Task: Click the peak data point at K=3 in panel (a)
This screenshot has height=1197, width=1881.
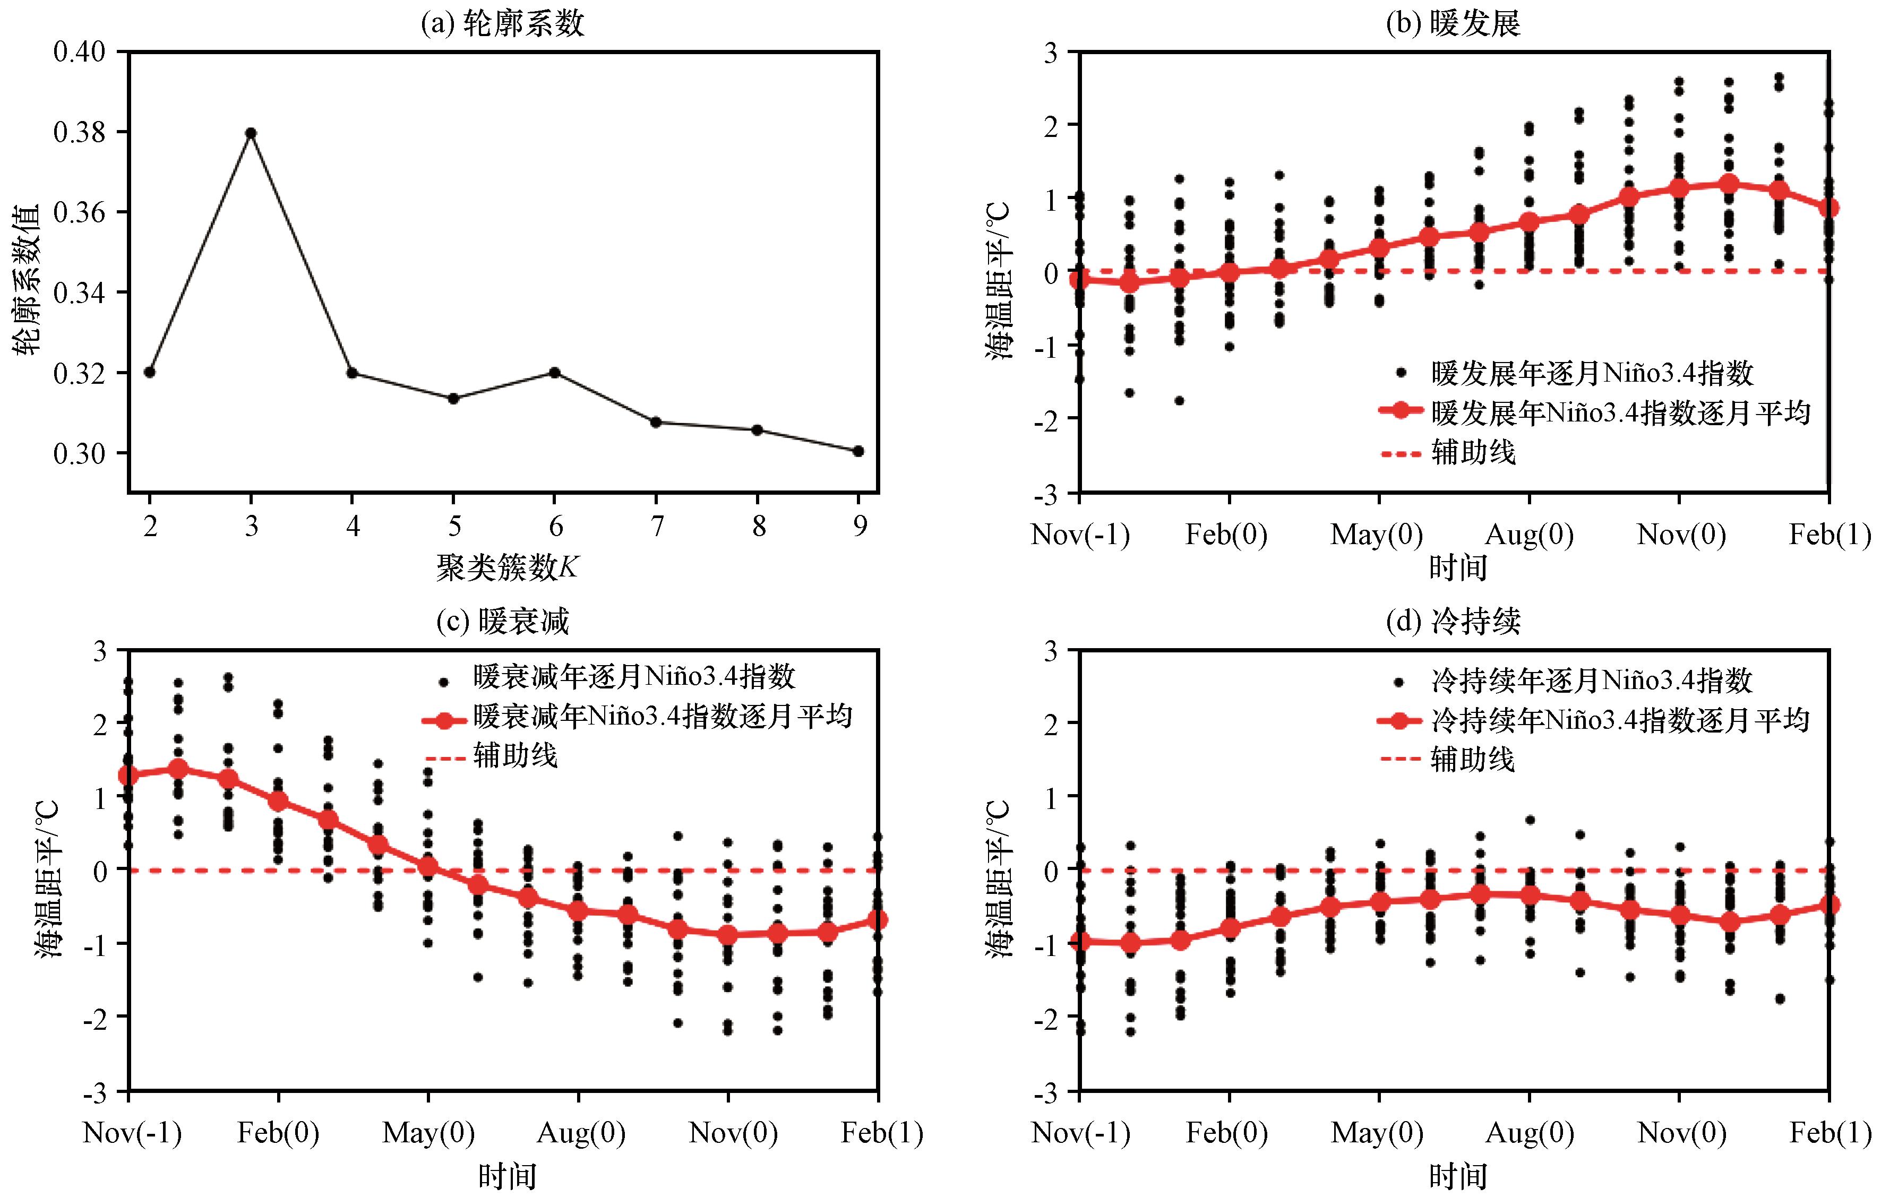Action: click(x=251, y=133)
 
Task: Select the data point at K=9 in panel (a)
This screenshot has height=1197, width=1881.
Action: click(x=858, y=451)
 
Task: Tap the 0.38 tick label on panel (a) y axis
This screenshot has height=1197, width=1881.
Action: click(x=79, y=133)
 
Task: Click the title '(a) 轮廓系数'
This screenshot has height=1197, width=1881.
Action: click(x=502, y=23)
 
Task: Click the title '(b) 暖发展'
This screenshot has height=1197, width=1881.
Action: click(x=1453, y=23)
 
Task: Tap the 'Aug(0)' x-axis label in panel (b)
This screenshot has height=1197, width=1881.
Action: click(x=1528, y=535)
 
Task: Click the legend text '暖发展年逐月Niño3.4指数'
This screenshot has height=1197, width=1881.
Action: click(x=1592, y=373)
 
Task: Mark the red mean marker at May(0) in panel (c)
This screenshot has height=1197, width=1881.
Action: click(x=428, y=866)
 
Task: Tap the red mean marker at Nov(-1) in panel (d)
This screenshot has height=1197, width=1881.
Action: click(x=1079, y=942)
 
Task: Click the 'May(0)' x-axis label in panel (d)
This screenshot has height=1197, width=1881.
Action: click(x=1377, y=1133)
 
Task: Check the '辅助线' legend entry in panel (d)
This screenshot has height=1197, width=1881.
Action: click(x=1472, y=759)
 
